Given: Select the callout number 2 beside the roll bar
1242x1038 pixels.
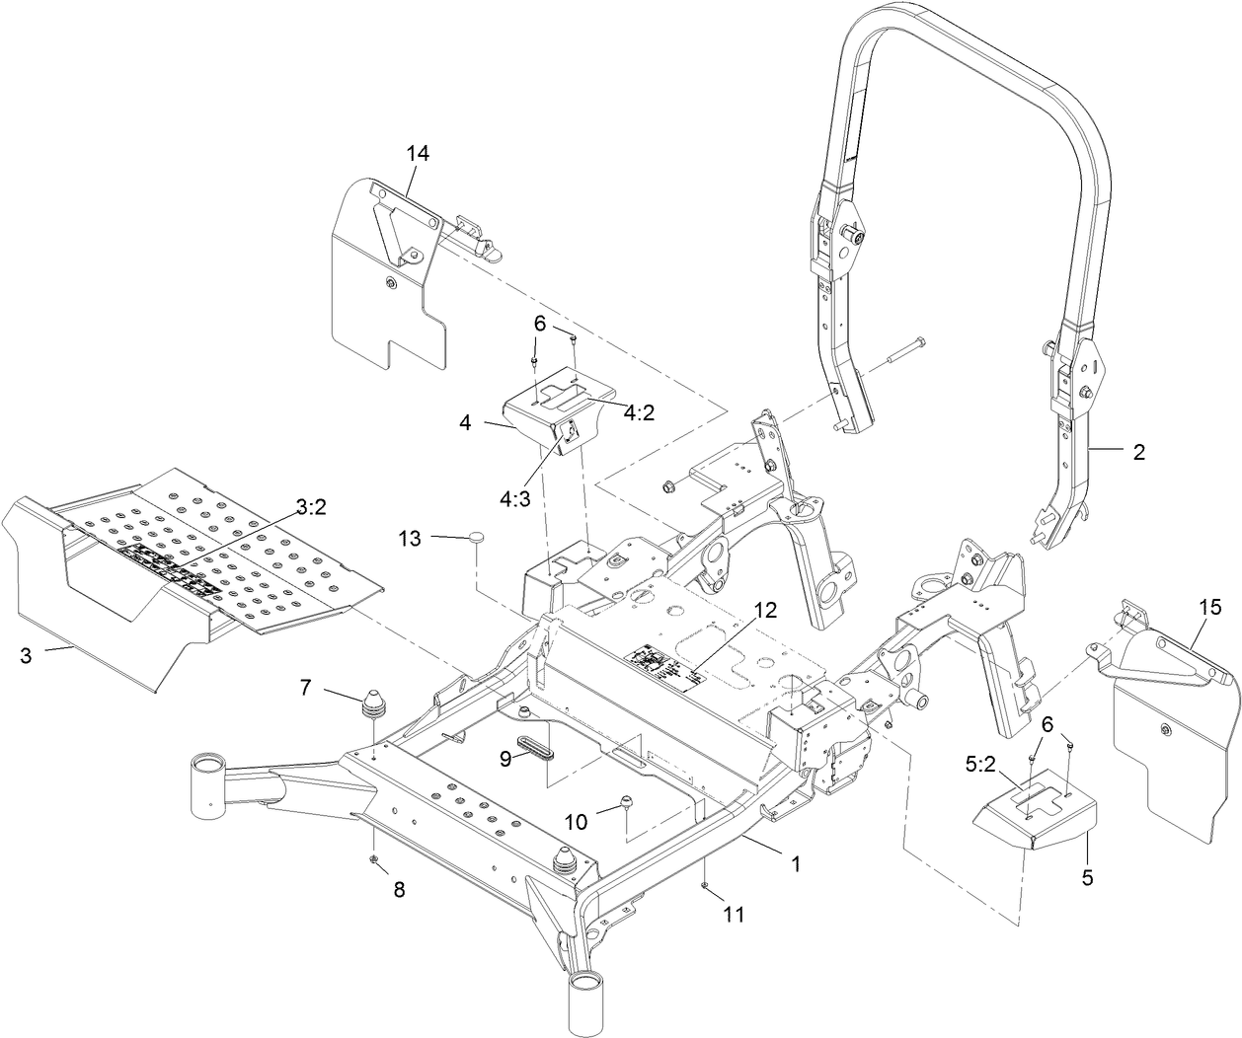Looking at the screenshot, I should (x=1138, y=452).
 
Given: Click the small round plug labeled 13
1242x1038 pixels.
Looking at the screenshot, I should (x=479, y=537).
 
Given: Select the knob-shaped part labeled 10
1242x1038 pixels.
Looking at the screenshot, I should (x=624, y=801).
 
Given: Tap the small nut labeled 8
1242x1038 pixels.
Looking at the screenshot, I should (x=375, y=859).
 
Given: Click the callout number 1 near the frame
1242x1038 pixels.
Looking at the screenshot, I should (x=795, y=862).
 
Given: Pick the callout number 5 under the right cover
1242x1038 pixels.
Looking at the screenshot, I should (x=1087, y=874).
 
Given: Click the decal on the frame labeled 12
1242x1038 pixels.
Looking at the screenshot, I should (x=667, y=664).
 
